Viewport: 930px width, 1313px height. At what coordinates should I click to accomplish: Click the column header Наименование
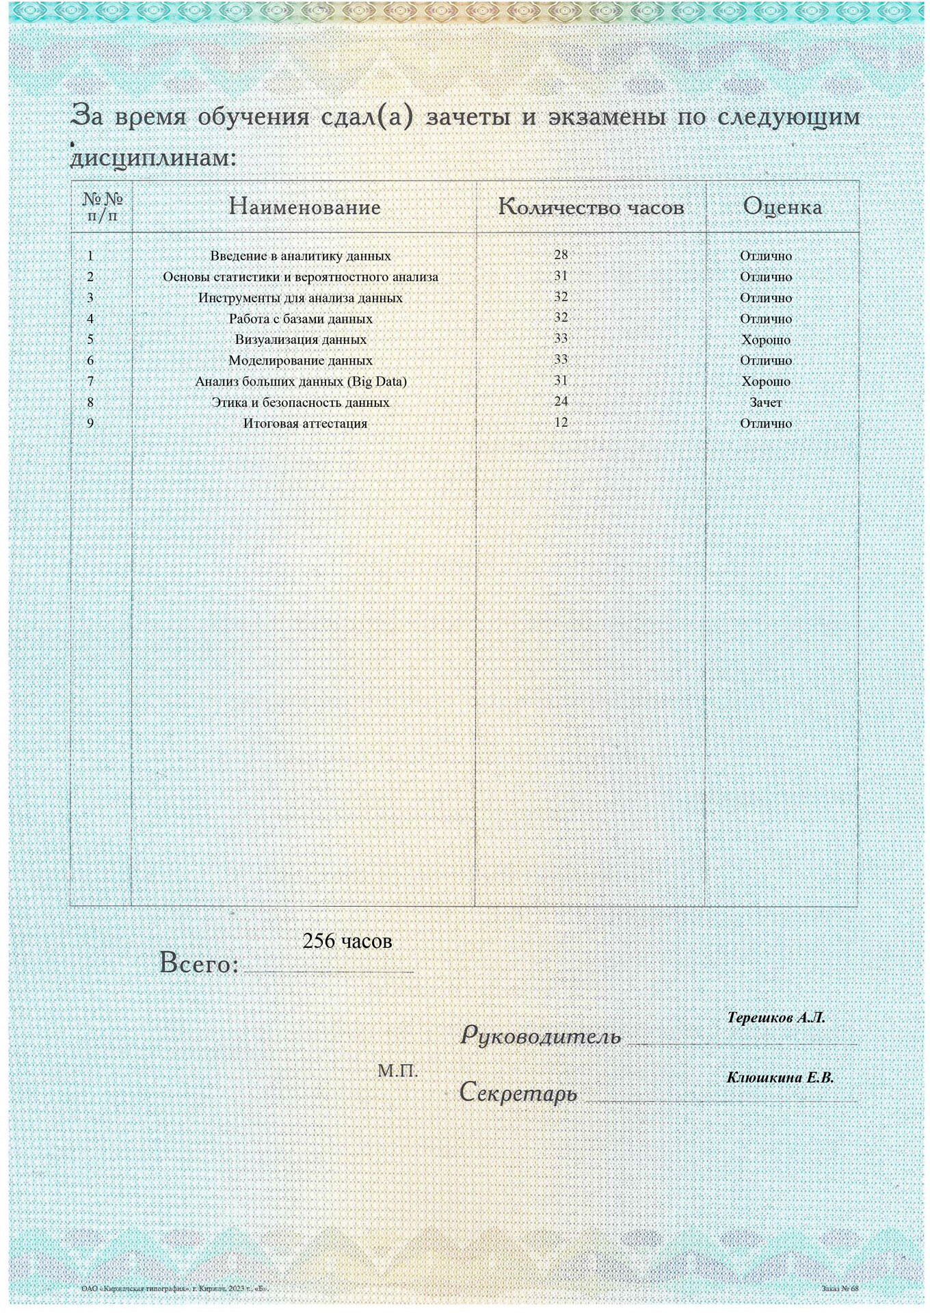point(304,207)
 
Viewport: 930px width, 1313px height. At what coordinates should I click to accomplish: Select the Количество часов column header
point(591,207)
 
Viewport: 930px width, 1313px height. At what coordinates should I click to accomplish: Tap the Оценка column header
point(782,207)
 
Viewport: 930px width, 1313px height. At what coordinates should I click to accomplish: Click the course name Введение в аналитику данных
point(300,256)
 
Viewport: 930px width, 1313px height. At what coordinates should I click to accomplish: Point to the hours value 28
point(561,255)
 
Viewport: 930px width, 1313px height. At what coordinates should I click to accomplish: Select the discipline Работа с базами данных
point(300,319)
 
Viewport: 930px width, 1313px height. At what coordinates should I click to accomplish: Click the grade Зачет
point(766,403)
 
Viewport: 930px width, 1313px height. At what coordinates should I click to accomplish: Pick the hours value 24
point(561,401)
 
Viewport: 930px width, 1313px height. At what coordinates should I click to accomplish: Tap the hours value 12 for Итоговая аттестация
point(561,423)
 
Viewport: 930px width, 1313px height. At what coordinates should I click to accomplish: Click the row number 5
point(90,339)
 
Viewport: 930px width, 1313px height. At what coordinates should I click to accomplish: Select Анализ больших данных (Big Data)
point(300,382)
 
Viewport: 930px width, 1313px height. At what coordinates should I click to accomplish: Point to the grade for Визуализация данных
point(766,340)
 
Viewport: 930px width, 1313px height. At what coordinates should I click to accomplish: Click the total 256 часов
point(347,941)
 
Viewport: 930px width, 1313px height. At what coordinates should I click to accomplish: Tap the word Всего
point(199,964)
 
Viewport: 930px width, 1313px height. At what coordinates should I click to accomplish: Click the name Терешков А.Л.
point(776,1018)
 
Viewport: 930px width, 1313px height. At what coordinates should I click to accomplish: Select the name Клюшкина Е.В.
point(780,1078)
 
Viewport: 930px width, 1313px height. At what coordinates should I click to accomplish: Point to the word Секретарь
point(518,1092)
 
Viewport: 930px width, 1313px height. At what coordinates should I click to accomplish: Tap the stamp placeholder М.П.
point(397,1071)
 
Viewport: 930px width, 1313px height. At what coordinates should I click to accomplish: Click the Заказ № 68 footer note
point(840,1288)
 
